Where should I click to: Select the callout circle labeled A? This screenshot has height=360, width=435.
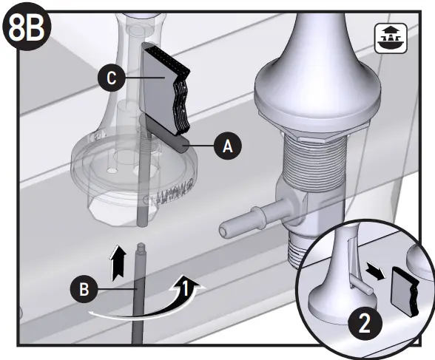pos(227,146)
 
